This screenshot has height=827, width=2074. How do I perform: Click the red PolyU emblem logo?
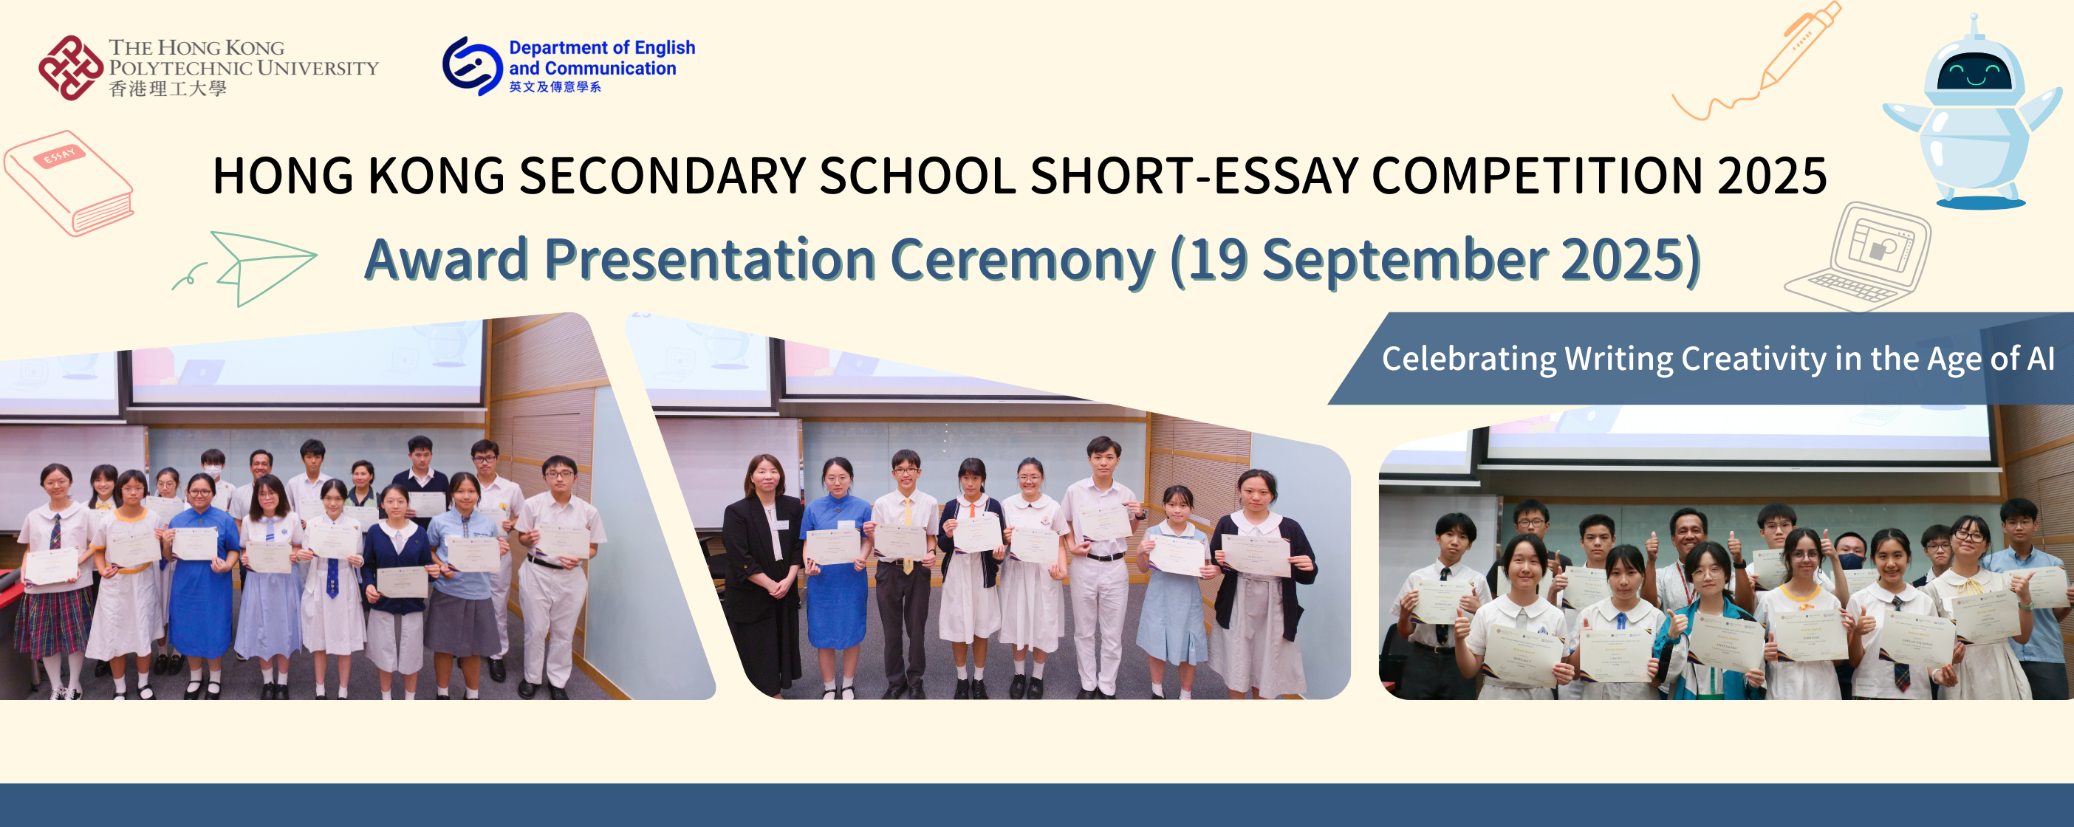[71, 68]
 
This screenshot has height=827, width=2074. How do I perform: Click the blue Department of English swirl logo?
[472, 66]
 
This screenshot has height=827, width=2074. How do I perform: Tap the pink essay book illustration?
[69, 183]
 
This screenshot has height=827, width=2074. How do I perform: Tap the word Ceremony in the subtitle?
[1021, 260]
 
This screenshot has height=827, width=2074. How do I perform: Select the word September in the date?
[1404, 260]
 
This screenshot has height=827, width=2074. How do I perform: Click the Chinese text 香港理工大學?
[168, 89]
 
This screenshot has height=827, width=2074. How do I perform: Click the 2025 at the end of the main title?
[1771, 176]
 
